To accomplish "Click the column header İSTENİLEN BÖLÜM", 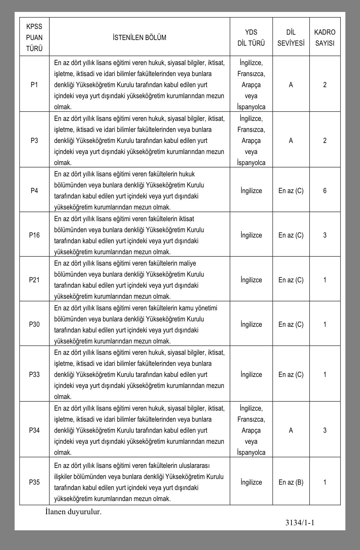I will [x=139, y=38].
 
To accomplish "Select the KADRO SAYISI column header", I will [x=325, y=38].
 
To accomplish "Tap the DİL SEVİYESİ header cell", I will [x=291, y=38].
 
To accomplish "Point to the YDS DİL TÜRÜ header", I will [x=251, y=38].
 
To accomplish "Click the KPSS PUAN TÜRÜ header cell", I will [x=34, y=38].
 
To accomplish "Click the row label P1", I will [x=34, y=85].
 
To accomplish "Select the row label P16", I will [x=34, y=235].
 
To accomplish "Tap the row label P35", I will [x=34, y=482].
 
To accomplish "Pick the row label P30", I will [x=34, y=324].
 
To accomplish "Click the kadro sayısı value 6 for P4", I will [x=325, y=191].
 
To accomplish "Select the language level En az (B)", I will [x=291, y=482].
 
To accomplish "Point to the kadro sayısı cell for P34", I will [x=325, y=430].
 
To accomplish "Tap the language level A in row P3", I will [x=291, y=141].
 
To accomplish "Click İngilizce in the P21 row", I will [x=251, y=280].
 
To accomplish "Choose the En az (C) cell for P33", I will [x=291, y=375].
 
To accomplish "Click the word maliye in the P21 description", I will [x=187, y=264].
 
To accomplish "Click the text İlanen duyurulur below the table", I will [x=73, y=512].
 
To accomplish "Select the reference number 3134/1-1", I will [x=300, y=523].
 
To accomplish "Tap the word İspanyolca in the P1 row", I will [x=251, y=107].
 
